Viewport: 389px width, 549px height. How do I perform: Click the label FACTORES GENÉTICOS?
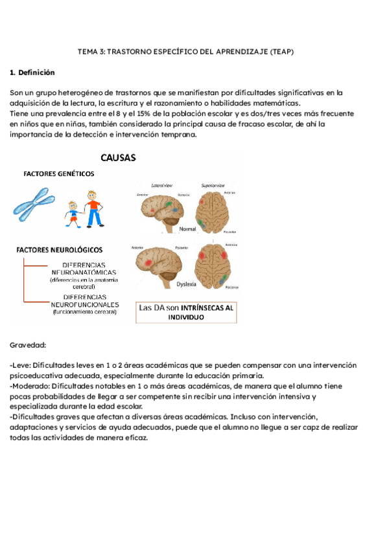coord(59,174)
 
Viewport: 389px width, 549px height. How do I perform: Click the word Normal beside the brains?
coord(187,229)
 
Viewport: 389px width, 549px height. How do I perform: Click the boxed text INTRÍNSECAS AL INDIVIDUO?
coord(186,313)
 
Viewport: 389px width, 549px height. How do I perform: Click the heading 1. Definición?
coord(32,73)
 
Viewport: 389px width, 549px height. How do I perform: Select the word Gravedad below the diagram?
coord(28,345)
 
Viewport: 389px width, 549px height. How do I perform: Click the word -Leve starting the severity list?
coord(19,365)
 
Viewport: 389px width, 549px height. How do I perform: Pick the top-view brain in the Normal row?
coord(216,205)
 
